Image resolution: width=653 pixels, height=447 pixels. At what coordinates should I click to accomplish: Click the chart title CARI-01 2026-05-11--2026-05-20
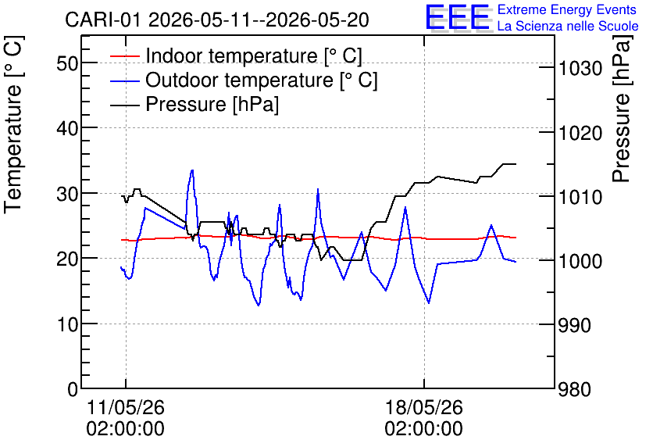click(x=217, y=20)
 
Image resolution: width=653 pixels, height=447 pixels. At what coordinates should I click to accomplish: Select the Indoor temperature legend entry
click(x=236, y=55)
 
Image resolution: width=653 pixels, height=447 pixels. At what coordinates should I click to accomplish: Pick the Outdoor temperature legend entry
click(x=244, y=80)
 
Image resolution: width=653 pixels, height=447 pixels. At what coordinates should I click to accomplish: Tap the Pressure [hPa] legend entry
click(x=194, y=104)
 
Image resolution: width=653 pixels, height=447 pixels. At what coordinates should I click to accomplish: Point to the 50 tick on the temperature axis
click(x=67, y=63)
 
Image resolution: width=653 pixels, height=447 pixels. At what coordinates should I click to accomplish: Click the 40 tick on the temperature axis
click(x=67, y=128)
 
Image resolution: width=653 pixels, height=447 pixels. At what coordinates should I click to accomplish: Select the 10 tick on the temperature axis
click(x=67, y=324)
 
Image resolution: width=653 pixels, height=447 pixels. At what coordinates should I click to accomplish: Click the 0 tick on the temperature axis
click(x=73, y=389)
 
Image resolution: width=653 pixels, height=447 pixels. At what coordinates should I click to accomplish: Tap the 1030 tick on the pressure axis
click(x=580, y=68)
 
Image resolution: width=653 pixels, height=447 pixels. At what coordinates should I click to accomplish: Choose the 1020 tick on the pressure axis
click(x=580, y=134)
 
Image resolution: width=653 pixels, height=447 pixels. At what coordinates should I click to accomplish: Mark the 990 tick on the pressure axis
click(x=575, y=325)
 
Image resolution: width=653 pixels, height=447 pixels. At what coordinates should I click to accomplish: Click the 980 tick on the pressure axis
click(x=575, y=390)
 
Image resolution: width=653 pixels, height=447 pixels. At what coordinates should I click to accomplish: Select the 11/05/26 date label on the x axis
click(x=125, y=407)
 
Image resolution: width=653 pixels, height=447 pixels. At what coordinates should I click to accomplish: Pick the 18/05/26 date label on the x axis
click(x=423, y=407)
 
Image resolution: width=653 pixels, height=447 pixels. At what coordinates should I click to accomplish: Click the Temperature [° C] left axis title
click(x=13, y=125)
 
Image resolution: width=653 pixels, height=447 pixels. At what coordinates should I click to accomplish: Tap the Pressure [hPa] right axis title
click(x=621, y=109)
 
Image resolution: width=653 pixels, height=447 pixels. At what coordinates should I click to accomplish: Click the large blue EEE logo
click(x=458, y=17)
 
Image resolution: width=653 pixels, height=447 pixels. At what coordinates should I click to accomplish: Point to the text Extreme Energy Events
click(x=567, y=9)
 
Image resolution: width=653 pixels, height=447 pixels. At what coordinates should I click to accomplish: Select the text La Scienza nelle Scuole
click(x=568, y=26)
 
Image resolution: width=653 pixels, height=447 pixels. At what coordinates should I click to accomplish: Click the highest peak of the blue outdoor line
click(x=192, y=170)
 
